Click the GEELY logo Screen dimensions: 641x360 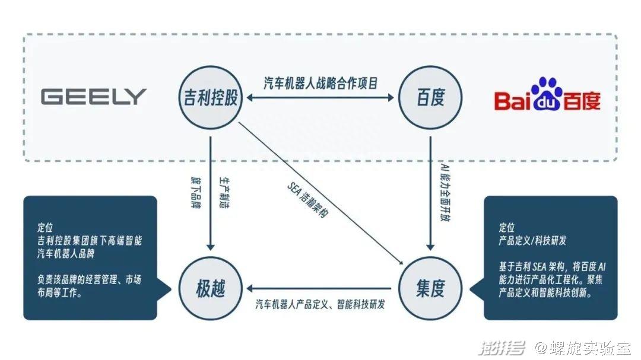[93, 97]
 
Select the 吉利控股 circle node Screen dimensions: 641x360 [211, 98]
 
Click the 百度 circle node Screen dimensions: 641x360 [430, 98]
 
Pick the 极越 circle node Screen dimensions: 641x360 [211, 288]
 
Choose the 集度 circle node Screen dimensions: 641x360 [430, 288]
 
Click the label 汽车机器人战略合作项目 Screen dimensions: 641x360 [320, 84]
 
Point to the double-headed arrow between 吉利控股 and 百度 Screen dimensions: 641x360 [320, 98]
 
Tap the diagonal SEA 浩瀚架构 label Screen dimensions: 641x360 [307, 200]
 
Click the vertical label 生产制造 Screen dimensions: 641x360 [224, 193]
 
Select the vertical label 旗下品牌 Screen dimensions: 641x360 [196, 193]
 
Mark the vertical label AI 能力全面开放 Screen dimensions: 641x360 [445, 192]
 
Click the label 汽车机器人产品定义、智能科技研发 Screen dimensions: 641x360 [320, 304]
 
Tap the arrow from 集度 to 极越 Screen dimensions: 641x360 [319, 288]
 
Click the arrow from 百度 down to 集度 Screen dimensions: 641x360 [430, 193]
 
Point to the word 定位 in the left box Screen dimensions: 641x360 [45, 227]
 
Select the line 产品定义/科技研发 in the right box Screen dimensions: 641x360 [532, 240]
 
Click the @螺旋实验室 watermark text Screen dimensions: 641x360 [583, 348]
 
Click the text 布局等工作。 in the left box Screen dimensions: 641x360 [60, 292]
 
